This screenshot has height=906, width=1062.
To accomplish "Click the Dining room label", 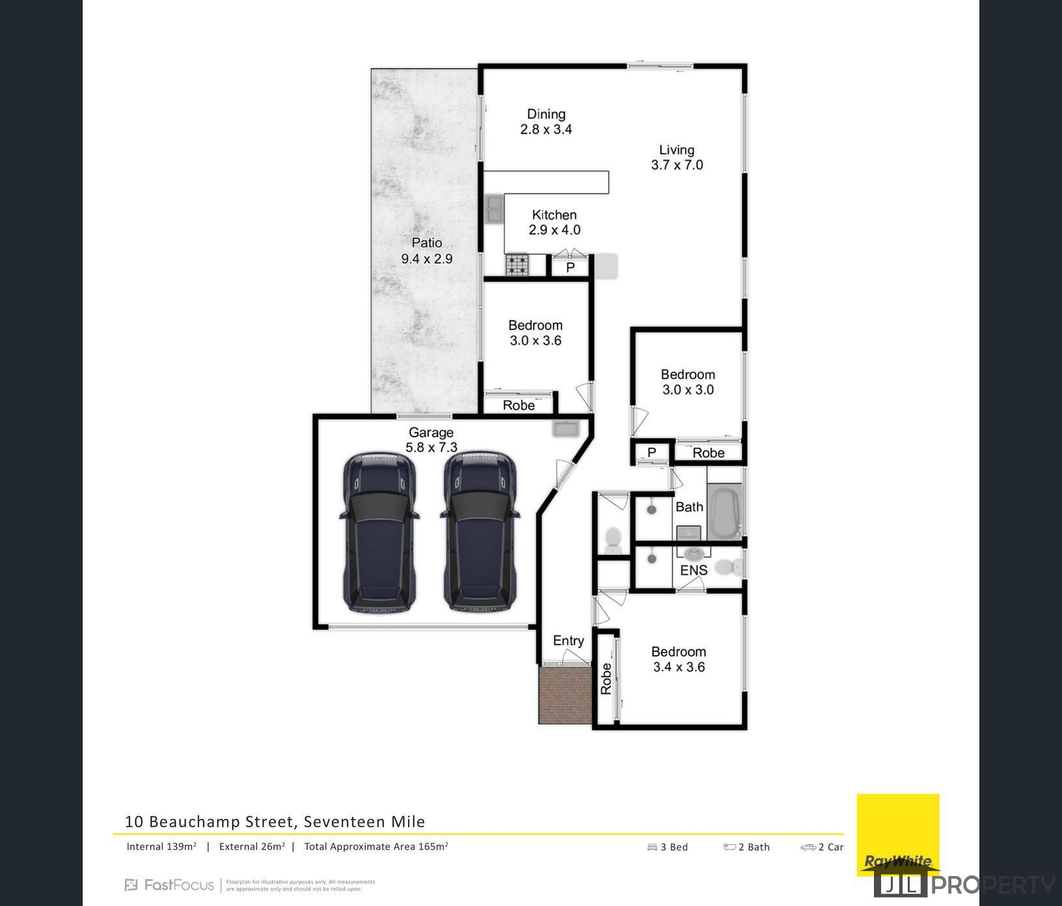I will coord(546,115).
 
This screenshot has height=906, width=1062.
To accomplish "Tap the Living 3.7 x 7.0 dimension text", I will coord(677,165).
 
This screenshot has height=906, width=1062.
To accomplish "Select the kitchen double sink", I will coord(494,209).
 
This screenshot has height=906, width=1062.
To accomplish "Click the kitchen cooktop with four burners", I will coord(518,264).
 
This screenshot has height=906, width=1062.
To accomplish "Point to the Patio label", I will coord(427,243).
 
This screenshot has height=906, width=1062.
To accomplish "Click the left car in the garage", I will coord(379,532).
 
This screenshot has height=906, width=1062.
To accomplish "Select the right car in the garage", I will coord(480,532).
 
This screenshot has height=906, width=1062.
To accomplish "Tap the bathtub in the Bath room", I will coord(724,512).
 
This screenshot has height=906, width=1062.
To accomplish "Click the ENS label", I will coord(693,571).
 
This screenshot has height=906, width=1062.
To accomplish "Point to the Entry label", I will coord(568,641).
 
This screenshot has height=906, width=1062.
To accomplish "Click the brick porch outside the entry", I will coord(564,694).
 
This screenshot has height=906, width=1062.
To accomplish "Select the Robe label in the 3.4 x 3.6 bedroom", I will coord(606,678).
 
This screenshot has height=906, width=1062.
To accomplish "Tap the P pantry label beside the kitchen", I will coord(570,268).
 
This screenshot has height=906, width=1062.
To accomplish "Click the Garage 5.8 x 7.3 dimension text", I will coord(431,448).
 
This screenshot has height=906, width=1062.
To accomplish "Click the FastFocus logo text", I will coord(178,885).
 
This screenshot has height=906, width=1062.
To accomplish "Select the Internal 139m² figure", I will coord(161,847).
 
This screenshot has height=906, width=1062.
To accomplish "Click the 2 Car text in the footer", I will coord(830,847).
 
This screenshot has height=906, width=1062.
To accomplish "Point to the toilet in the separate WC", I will coord(612,540).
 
